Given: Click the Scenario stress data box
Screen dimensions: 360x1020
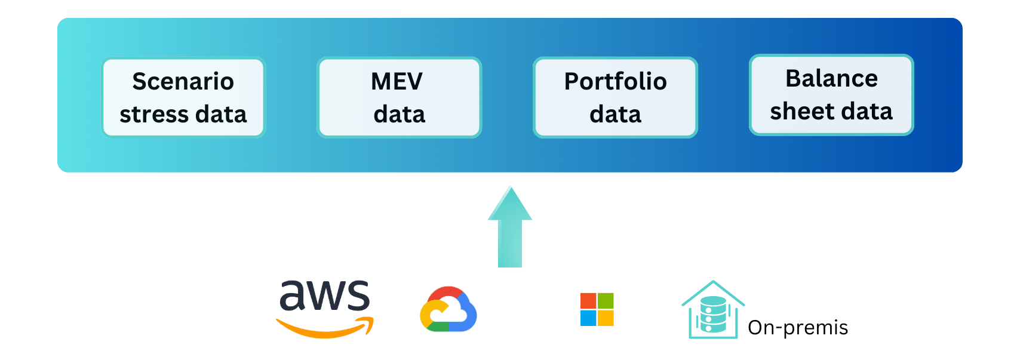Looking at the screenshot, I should (x=183, y=97).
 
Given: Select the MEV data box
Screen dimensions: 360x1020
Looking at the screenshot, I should (x=399, y=97).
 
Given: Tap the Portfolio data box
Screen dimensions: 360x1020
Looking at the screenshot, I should (x=615, y=97).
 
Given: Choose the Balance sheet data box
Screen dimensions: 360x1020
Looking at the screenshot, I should (x=831, y=95).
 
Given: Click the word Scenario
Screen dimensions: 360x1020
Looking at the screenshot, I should (x=183, y=81).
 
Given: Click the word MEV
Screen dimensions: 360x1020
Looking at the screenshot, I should (x=397, y=81).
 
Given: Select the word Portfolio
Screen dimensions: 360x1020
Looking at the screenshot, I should (x=615, y=81).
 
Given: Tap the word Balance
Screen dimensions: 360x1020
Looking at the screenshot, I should (x=831, y=78).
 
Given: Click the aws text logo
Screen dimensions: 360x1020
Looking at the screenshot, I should (x=325, y=296).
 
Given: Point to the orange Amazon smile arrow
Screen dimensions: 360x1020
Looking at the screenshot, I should (x=325, y=328).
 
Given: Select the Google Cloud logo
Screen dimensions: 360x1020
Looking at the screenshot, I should (x=448, y=309).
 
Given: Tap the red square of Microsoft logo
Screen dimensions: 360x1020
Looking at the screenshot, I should (x=588, y=300).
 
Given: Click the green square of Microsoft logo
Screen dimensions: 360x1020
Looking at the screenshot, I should (x=606, y=300).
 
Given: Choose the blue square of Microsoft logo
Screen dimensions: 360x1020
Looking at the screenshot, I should (x=588, y=318).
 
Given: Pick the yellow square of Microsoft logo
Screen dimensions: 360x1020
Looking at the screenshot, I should (x=606, y=318).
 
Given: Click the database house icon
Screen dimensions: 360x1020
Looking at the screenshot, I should (x=712, y=312).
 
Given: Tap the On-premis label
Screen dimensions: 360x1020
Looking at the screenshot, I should (x=798, y=328).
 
